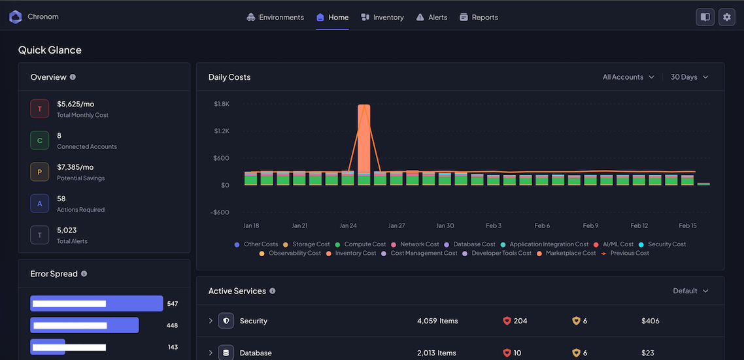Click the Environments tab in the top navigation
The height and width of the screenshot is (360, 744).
(x=275, y=18)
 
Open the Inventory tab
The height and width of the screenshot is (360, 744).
(x=382, y=18)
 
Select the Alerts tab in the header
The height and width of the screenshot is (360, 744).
(x=431, y=18)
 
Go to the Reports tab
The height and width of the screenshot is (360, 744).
(x=479, y=18)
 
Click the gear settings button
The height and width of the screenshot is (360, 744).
(x=726, y=18)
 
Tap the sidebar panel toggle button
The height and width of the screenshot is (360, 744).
(x=705, y=18)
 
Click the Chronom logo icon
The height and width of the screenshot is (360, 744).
(x=15, y=17)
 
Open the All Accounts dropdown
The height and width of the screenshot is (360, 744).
(x=628, y=77)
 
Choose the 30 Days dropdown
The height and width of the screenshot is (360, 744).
(x=689, y=77)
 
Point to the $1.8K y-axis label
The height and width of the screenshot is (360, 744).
(x=222, y=104)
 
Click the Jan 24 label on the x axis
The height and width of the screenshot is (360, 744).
(x=348, y=225)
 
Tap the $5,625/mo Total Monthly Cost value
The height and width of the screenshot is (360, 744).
(x=75, y=104)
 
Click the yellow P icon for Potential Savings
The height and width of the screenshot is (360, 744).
(x=40, y=172)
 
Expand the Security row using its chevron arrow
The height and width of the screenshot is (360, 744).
(x=211, y=321)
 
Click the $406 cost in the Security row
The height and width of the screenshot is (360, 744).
(x=650, y=321)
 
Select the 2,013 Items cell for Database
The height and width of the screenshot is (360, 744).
(x=436, y=353)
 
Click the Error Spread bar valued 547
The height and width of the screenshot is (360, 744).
(x=96, y=304)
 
